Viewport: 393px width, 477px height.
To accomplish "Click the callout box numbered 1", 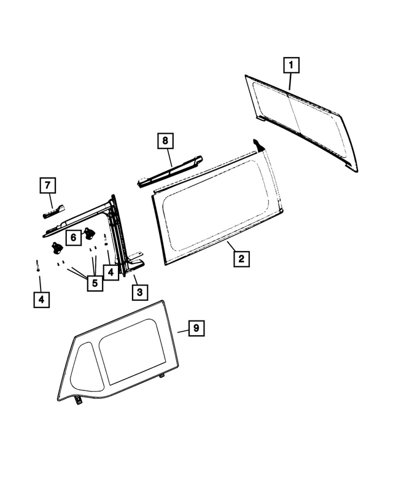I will [290, 64].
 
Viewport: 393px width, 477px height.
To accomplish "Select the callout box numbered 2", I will [241, 258].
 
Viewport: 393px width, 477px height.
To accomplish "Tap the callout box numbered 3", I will [139, 292].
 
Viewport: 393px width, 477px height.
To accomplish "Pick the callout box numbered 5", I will [95, 283].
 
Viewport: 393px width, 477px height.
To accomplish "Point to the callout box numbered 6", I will [72, 236].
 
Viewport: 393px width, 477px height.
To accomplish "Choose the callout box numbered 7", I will [49, 185].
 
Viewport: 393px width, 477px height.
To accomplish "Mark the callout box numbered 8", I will [165, 141].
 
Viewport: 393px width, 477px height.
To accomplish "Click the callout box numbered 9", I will [196, 329].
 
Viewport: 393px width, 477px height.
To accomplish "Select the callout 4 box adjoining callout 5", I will [111, 271].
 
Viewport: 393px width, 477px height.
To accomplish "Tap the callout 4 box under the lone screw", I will [41, 300].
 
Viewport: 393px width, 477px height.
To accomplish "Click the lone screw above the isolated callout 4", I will [38, 266].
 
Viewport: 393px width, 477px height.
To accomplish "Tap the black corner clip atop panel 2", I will [260, 145].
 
